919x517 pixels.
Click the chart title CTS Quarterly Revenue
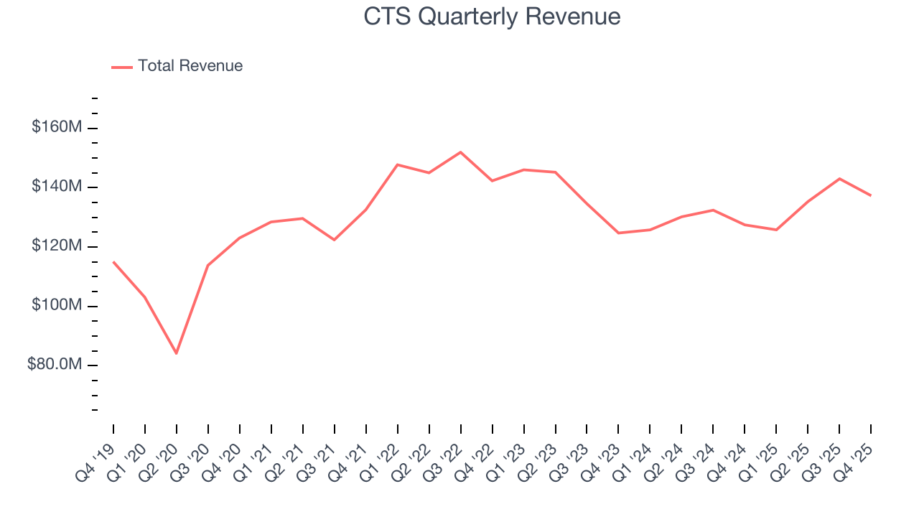pyautogui.click(x=492, y=16)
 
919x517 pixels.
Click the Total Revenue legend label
pyautogui.click(x=190, y=66)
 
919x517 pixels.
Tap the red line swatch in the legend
pyautogui.click(x=122, y=67)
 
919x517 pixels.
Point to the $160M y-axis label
pyautogui.click(x=57, y=127)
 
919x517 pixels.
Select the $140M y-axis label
pyautogui.click(x=57, y=187)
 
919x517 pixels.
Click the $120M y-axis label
pyautogui.click(x=57, y=246)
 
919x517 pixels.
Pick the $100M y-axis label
pyautogui.click(x=57, y=306)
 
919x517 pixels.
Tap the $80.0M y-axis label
pyautogui.click(x=55, y=365)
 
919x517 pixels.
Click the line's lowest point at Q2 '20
pyautogui.click(x=176, y=353)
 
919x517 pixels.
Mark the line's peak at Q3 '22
pyautogui.click(x=460, y=152)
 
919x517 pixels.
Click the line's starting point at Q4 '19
pyautogui.click(x=113, y=262)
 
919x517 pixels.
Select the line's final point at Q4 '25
pyautogui.click(x=870, y=195)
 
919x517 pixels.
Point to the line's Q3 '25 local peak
pyautogui.click(x=839, y=179)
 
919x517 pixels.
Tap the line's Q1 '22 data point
pyautogui.click(x=397, y=164)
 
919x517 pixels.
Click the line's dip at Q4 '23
pyautogui.click(x=618, y=233)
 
